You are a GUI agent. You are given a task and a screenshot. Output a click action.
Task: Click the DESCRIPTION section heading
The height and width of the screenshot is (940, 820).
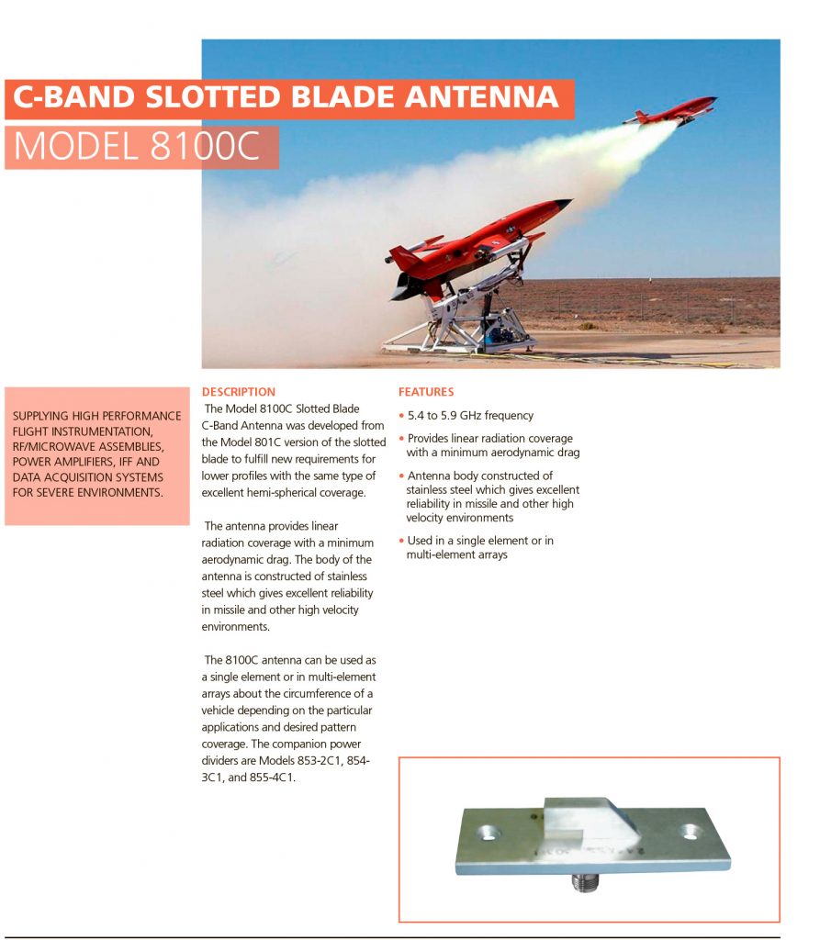coord(238,392)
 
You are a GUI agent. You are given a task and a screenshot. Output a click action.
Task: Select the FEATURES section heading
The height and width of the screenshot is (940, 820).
coord(425,392)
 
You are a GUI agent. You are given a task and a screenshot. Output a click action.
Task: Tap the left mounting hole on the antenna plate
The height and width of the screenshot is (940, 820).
coord(487,833)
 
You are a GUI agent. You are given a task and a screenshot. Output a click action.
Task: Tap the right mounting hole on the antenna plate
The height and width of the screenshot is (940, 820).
coord(691,832)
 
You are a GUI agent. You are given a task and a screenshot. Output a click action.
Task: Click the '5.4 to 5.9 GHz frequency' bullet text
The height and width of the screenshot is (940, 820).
coord(469,416)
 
